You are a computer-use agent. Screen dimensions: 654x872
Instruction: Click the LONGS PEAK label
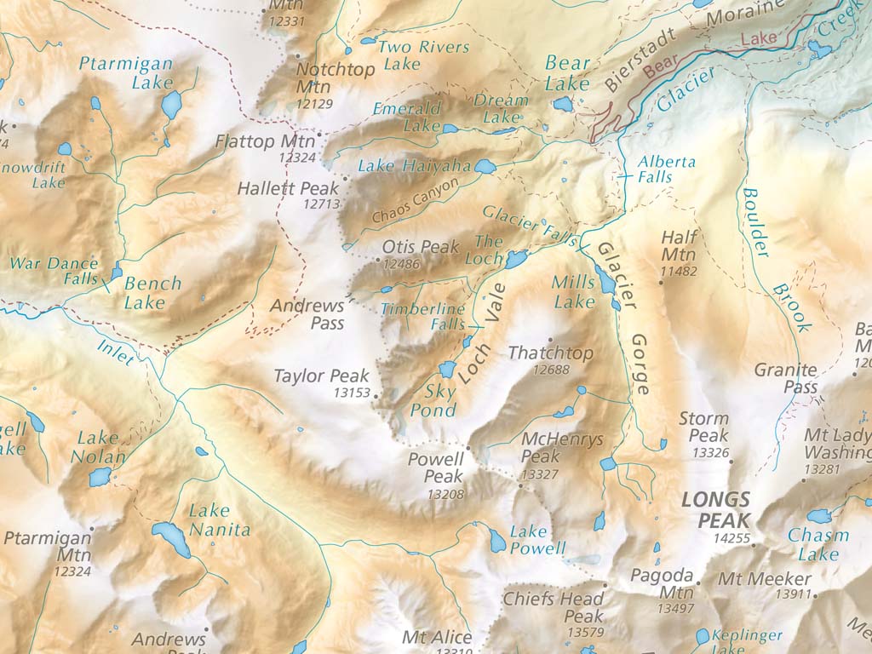(x=715, y=510)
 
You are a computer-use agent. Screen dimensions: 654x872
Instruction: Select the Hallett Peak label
(x=288, y=188)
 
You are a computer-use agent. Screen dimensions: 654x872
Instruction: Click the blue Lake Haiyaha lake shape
(x=485, y=167)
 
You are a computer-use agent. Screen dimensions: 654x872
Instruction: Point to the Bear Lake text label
(x=567, y=73)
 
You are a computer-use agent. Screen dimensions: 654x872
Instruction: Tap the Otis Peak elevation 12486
(x=401, y=265)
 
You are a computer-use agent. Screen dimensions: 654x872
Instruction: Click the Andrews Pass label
(x=307, y=314)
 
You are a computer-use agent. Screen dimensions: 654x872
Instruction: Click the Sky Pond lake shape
(x=446, y=369)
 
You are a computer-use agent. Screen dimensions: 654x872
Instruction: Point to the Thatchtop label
(x=550, y=353)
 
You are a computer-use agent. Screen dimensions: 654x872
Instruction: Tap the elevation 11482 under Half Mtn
(x=679, y=272)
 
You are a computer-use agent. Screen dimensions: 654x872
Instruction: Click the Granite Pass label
(x=786, y=379)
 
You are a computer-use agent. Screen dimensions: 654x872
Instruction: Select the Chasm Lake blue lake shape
(x=819, y=516)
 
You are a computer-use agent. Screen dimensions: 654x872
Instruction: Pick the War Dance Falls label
(x=53, y=272)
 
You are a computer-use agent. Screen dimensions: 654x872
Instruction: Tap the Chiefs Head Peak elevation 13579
(x=584, y=633)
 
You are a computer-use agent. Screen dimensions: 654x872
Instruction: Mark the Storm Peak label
(x=703, y=427)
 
